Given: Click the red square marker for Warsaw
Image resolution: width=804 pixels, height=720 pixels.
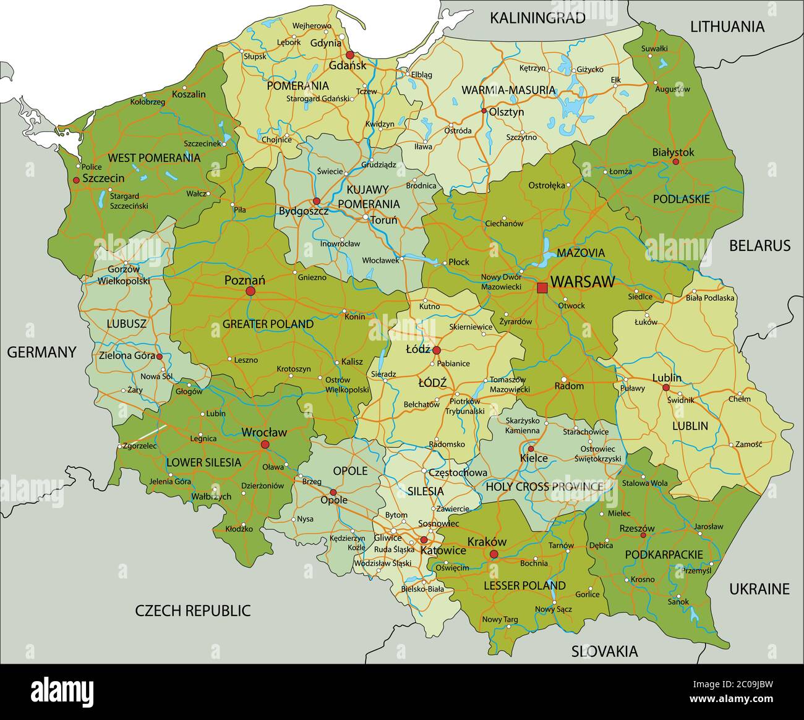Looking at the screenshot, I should point(542,287).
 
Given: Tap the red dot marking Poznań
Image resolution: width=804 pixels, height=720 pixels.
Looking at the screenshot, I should point(250,291).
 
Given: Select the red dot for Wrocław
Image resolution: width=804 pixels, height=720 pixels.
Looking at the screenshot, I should point(265,444).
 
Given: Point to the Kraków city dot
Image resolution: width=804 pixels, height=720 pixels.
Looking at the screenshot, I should point(494,554).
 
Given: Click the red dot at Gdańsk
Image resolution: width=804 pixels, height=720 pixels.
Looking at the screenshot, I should point(350,54).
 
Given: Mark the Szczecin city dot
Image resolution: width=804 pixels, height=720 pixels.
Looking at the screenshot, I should point(76,180).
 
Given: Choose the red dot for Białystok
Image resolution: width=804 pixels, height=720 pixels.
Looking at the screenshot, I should point(675,162).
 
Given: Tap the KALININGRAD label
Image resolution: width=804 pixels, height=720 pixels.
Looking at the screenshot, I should point(537,18).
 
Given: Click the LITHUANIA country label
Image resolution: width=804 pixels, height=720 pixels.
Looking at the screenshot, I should point(727,27).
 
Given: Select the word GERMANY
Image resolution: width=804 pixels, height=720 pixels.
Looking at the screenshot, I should point(41,352).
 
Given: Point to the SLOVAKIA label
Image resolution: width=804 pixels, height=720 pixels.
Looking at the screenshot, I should point(604,651).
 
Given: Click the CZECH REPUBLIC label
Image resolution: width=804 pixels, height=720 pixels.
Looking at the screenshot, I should point(193,611).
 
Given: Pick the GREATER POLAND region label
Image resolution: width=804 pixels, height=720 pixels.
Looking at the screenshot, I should point(268,324).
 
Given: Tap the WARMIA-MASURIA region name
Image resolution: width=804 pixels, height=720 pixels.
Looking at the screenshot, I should point(508,90).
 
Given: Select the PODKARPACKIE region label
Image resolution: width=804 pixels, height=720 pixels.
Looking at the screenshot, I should point(664,554).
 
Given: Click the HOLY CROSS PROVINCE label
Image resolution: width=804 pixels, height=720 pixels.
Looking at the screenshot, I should point(544,486).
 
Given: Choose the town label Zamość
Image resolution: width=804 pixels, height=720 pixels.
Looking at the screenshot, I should point(749,444).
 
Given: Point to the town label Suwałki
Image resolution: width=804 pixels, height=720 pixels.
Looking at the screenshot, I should point(654,48).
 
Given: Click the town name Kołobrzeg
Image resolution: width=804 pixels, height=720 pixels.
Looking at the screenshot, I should point(148,102).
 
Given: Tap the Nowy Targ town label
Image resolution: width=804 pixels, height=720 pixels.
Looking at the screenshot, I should point(500,619).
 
